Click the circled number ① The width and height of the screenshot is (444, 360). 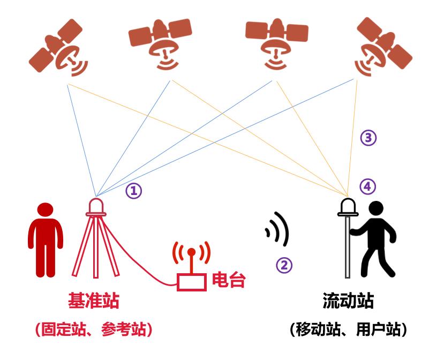134,191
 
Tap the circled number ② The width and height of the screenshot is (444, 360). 284,265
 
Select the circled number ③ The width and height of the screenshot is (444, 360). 367,138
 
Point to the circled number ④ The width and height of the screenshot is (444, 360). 367,186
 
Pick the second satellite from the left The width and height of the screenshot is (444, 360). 161,43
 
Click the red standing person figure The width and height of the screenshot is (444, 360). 45,239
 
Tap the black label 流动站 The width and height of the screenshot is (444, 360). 348,301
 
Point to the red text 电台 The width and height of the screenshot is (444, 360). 229,280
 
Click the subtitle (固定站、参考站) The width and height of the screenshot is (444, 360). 93,329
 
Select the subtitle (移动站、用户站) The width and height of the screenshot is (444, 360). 348,329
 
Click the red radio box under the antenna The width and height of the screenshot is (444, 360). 191,282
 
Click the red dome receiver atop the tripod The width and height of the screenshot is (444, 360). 96,206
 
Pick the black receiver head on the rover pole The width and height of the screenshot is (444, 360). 348,206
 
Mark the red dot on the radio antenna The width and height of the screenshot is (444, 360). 191,252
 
